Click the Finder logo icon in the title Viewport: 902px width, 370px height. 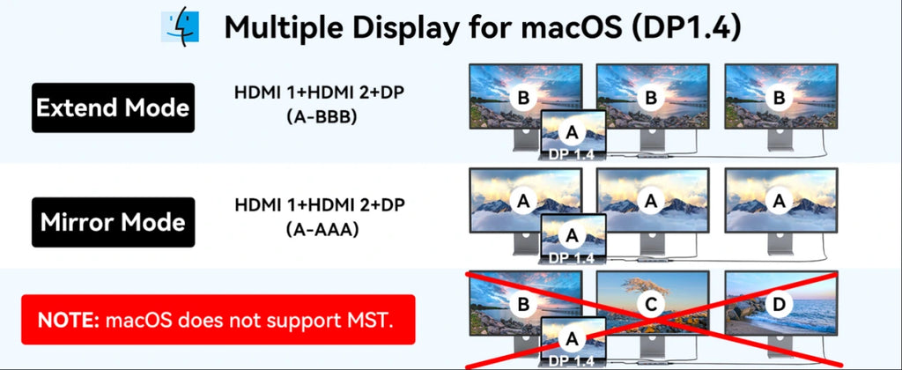[180, 26]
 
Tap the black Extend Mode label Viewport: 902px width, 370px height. [113, 107]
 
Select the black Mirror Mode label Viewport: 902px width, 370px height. [113, 222]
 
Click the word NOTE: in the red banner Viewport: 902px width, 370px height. [69, 320]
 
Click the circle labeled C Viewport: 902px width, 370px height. [651, 305]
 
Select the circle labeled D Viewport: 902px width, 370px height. [779, 305]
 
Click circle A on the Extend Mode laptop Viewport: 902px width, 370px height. [572, 133]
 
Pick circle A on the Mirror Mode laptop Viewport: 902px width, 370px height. [572, 235]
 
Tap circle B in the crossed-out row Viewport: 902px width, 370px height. [523, 305]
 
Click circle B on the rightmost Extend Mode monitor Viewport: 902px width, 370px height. [779, 98]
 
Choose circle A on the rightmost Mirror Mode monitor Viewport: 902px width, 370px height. [779, 201]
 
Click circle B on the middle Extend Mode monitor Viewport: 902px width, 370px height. [651, 98]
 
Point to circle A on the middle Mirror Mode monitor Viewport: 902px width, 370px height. [651, 201]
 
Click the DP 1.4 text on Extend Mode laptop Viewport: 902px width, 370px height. [572, 154]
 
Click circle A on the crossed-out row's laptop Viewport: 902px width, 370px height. [572, 339]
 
